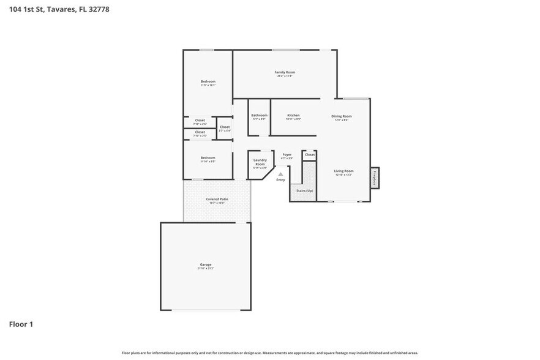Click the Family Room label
point(285,72)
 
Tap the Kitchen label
point(293,115)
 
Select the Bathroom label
point(259,115)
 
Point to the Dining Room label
point(342,116)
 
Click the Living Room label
point(343,171)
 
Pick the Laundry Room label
point(260,162)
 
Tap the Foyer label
point(287,155)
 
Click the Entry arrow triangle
point(280,174)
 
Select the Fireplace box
point(374,177)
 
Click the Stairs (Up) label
point(304,191)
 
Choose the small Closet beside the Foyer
point(310,155)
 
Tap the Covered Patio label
point(217,199)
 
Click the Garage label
point(205,264)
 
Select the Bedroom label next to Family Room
point(208,81)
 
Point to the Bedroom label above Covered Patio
point(208,157)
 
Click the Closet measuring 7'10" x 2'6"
point(200,122)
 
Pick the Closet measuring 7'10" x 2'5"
point(200,133)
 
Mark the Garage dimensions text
point(205,269)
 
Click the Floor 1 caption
point(21,324)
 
